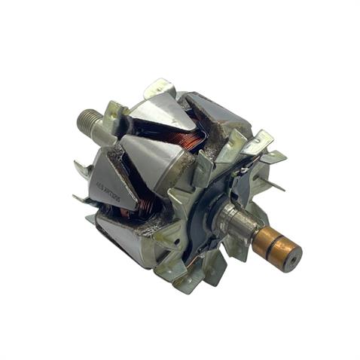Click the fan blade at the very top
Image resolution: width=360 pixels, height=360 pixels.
pyautogui.click(x=161, y=89)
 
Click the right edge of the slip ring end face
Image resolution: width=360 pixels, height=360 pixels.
pyautogui.click(x=299, y=252)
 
